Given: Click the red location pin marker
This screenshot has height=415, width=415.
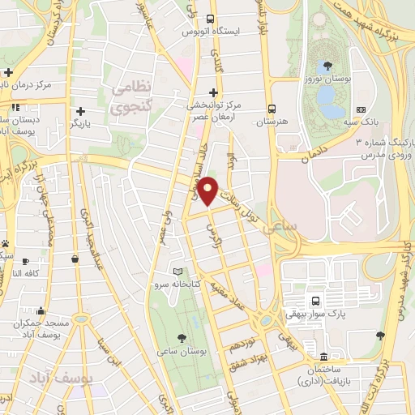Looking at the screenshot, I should click(x=209, y=190).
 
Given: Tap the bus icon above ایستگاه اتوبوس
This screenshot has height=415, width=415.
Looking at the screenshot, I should click(x=211, y=19).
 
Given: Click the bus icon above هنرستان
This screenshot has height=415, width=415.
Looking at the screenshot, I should click(x=272, y=108).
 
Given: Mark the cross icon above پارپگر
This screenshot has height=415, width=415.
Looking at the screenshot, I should click(x=79, y=111).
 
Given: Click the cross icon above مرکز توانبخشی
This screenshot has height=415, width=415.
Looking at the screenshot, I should click(x=213, y=92).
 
